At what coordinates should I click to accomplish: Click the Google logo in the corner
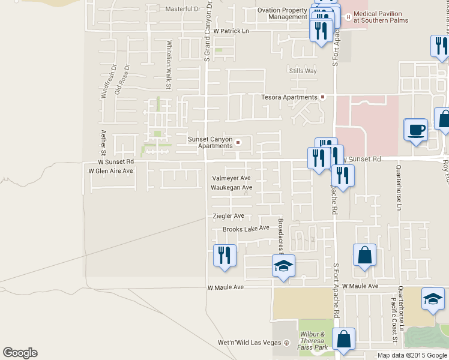(20, 353)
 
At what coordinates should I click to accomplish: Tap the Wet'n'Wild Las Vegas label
(249, 343)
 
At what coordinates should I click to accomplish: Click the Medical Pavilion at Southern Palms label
(381, 16)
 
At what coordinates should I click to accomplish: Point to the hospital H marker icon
(347, 13)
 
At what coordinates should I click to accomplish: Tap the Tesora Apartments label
(289, 97)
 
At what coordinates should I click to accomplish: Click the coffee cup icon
(416, 130)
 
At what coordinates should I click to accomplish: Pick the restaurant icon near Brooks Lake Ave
(224, 255)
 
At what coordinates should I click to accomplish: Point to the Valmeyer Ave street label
(231, 178)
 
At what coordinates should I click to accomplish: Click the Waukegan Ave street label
(231, 187)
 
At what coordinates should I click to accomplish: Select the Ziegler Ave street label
(228, 215)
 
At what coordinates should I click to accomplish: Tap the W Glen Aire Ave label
(110, 171)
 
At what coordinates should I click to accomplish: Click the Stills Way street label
(302, 71)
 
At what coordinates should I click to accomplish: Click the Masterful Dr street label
(183, 9)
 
